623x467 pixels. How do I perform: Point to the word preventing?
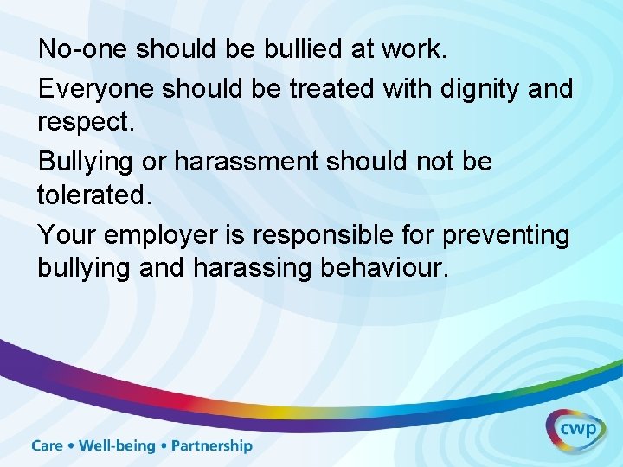(503, 235)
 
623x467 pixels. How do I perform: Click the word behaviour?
(385, 268)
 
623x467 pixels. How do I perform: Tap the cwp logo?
(575, 430)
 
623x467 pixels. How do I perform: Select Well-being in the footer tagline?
(118, 446)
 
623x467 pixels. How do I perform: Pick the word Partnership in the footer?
(212, 446)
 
